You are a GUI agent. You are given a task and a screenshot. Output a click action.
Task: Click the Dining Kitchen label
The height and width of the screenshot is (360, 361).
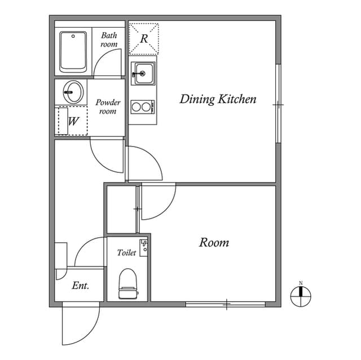coord(218,100)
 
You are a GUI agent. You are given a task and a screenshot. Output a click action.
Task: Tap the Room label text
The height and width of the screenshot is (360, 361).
coord(214,243)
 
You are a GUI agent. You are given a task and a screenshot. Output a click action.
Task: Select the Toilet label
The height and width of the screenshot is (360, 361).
coord(126,253)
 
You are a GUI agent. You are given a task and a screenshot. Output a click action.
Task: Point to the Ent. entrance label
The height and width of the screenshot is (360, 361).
coord(81,286)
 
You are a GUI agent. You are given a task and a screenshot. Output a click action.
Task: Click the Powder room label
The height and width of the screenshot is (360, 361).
coord(108,106)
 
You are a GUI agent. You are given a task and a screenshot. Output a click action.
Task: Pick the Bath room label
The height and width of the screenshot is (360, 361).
coord(109,39)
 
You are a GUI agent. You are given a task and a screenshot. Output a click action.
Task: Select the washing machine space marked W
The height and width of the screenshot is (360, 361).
coord(73,121)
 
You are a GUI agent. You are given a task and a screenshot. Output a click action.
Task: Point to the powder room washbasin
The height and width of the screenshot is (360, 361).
coord(72,91)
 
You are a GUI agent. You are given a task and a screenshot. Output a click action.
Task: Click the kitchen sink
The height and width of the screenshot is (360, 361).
coord(142,73)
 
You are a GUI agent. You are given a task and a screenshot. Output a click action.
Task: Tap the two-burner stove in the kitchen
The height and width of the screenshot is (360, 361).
coord(142,106)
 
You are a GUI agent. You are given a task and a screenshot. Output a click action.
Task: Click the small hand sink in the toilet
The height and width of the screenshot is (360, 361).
coord(144,247)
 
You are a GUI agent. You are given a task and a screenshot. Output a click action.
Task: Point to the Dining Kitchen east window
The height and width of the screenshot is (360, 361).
coord(278,104)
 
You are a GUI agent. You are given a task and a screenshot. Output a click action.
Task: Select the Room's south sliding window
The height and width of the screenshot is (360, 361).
coord(226,304)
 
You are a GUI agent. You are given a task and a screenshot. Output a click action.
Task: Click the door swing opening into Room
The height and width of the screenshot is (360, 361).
coord(156,202)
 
